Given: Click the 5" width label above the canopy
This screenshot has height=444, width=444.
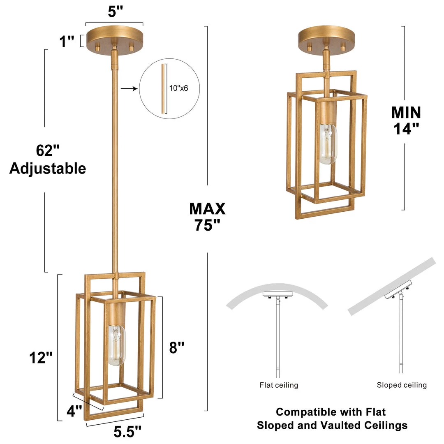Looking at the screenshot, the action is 115,12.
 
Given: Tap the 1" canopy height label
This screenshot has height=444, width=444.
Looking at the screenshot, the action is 67,42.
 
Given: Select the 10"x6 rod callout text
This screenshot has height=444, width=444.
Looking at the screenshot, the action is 178,88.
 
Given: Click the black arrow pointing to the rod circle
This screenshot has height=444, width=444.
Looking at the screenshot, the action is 129,89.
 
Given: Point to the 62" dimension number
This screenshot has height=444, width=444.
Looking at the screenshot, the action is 48,150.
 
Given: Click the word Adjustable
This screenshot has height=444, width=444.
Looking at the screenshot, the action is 48,169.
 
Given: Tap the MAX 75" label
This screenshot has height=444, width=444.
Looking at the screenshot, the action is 207,217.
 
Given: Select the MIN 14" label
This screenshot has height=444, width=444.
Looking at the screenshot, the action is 406,120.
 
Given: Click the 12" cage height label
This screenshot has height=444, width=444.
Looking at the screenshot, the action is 41,357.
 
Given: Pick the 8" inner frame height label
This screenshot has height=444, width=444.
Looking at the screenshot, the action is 177,347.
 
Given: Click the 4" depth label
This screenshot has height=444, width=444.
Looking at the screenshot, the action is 74,411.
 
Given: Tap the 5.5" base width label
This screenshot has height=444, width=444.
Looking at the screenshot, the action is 127,432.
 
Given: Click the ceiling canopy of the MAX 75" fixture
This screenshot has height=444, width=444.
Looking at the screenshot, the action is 114,39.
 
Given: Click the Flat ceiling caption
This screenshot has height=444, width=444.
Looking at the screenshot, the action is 279,385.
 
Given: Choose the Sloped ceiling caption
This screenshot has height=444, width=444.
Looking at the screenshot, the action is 402,385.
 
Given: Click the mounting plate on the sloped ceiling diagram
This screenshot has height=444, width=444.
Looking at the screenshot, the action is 398,289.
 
